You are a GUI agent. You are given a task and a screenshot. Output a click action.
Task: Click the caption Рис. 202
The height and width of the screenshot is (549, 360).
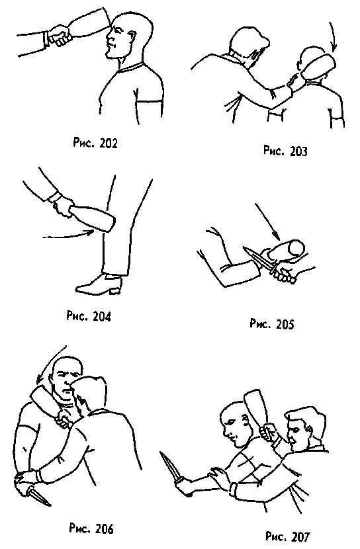95,143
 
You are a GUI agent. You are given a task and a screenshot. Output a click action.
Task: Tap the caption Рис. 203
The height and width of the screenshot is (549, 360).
285,151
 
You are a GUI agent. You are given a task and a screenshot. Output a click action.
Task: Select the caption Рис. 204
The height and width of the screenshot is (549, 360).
89,316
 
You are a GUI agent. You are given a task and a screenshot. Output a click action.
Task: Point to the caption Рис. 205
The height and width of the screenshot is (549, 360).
272,324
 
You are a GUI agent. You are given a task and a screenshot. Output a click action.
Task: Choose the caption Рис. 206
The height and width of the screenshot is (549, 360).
91,528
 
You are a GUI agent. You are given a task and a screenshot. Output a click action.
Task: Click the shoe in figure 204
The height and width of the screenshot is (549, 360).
99,284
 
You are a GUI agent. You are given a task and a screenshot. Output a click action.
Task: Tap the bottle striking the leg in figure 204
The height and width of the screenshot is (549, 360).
92,218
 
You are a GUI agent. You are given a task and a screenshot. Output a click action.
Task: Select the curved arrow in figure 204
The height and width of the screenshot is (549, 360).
68,235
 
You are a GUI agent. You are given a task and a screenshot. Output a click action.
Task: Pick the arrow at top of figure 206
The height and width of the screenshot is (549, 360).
51,365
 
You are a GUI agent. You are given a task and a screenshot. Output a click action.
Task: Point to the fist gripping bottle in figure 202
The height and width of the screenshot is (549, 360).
60,35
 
